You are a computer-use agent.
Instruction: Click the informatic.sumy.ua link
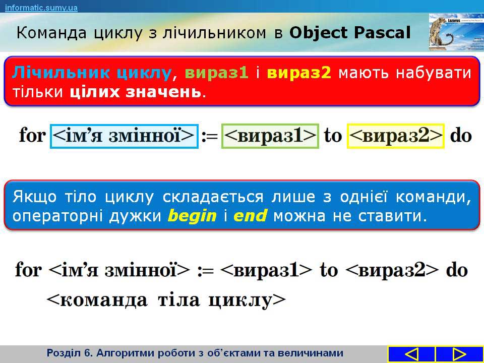[41, 8]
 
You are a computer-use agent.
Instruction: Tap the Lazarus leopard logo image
[456, 32]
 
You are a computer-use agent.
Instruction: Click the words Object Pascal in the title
[350, 32]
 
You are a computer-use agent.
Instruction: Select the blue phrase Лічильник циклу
[92, 73]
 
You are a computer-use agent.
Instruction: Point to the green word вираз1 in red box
[217, 73]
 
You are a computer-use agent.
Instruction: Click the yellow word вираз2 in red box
[299, 73]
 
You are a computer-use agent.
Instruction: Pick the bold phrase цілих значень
[135, 92]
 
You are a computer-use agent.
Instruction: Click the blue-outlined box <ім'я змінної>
[124, 136]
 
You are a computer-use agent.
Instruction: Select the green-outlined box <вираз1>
[270, 136]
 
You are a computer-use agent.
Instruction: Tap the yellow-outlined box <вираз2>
[396, 136]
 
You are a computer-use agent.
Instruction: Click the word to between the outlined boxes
[333, 136]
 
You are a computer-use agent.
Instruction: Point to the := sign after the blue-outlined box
[210, 137]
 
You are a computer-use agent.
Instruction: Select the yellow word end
[250, 215]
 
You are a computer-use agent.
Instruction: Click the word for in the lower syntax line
[28, 270]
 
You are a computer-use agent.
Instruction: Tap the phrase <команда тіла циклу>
[166, 300]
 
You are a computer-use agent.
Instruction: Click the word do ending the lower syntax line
[457, 270]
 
